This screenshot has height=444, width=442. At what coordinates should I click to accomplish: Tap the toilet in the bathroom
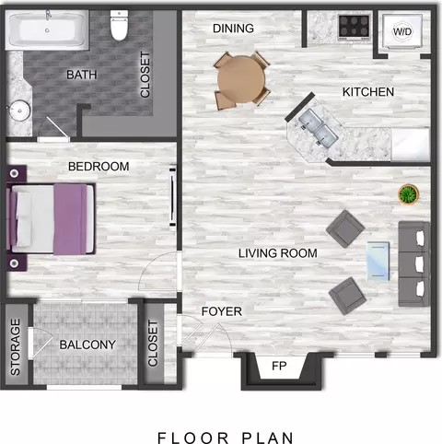pyautogui.click(x=118, y=27)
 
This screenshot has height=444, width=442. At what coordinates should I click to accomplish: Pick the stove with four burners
pyautogui.click(x=354, y=26)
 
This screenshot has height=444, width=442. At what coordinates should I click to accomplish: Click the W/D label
pyautogui.click(x=402, y=32)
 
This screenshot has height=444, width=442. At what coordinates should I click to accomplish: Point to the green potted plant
pyautogui.click(x=406, y=195)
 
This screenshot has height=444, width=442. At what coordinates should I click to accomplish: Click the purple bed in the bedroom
pyautogui.click(x=52, y=218)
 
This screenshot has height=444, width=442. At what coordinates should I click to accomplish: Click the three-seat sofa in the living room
pyautogui.click(x=413, y=263)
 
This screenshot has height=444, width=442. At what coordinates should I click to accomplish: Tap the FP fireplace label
pyautogui.click(x=279, y=367)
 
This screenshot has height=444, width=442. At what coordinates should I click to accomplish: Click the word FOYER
pyautogui.click(x=221, y=311)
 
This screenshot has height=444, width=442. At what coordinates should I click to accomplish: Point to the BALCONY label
pyautogui.click(x=87, y=345)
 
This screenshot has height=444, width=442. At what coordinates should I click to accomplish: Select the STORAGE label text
pyautogui.click(x=15, y=346)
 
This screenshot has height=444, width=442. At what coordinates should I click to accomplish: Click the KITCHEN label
pyautogui.click(x=368, y=92)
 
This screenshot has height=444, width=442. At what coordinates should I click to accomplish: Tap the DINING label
pyautogui.click(x=233, y=29)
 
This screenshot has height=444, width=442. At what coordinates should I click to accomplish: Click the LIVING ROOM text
pyautogui.click(x=277, y=252)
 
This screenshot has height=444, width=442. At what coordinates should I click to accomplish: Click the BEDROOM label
pyautogui.click(x=99, y=166)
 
